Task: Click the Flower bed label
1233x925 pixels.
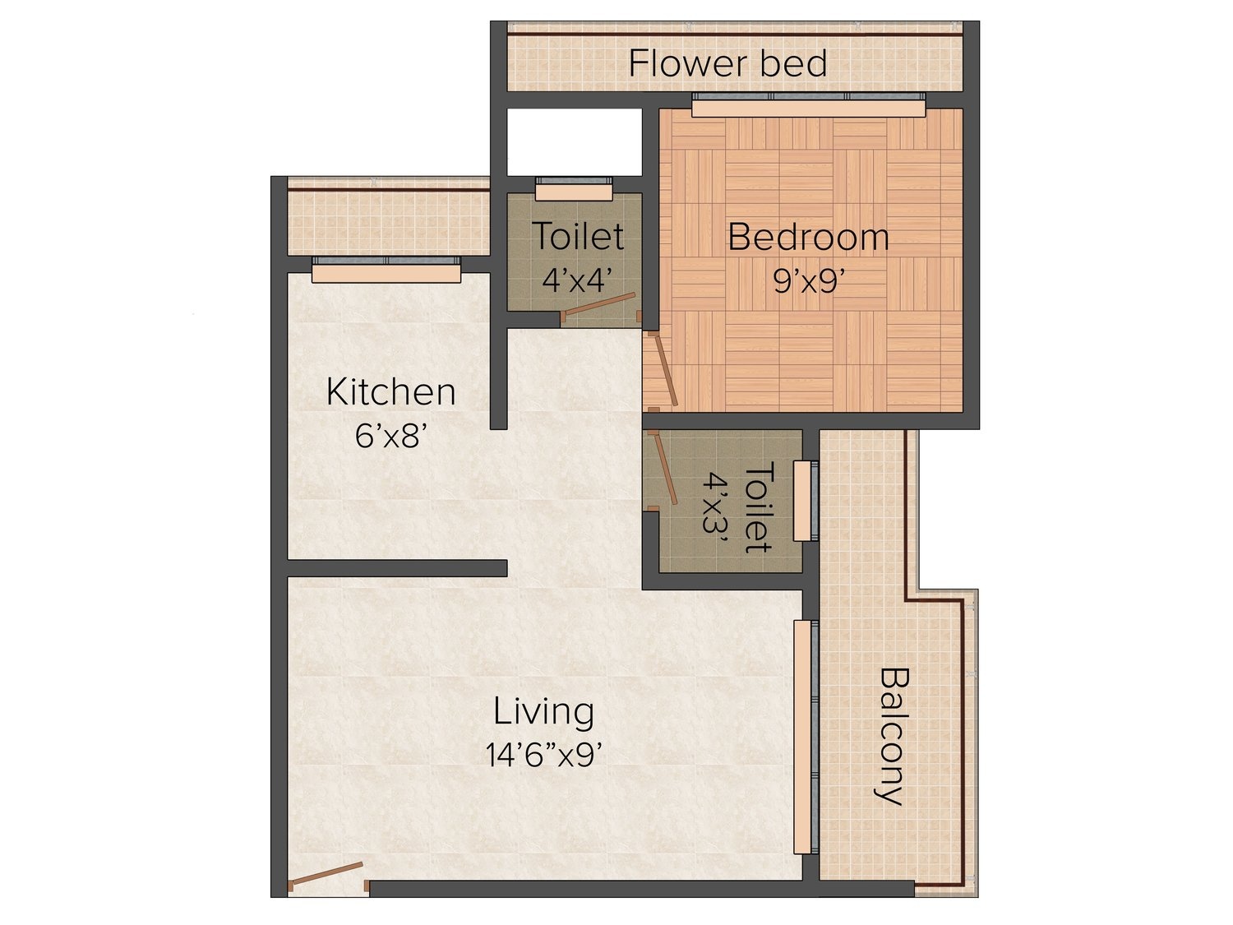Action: point(727,63)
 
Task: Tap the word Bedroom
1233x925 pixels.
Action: point(808,238)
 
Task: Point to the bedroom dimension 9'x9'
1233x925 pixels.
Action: point(809,280)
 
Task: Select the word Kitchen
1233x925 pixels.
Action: point(390,392)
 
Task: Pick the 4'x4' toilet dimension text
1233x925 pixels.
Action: point(577,279)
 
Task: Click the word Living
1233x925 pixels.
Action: point(543,713)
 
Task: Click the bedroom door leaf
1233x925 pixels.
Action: point(664,368)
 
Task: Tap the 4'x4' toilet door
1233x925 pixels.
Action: point(600,304)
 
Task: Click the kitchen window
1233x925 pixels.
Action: point(386,271)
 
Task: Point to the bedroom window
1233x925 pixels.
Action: point(808,105)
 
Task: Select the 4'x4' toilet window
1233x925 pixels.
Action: point(574,189)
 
